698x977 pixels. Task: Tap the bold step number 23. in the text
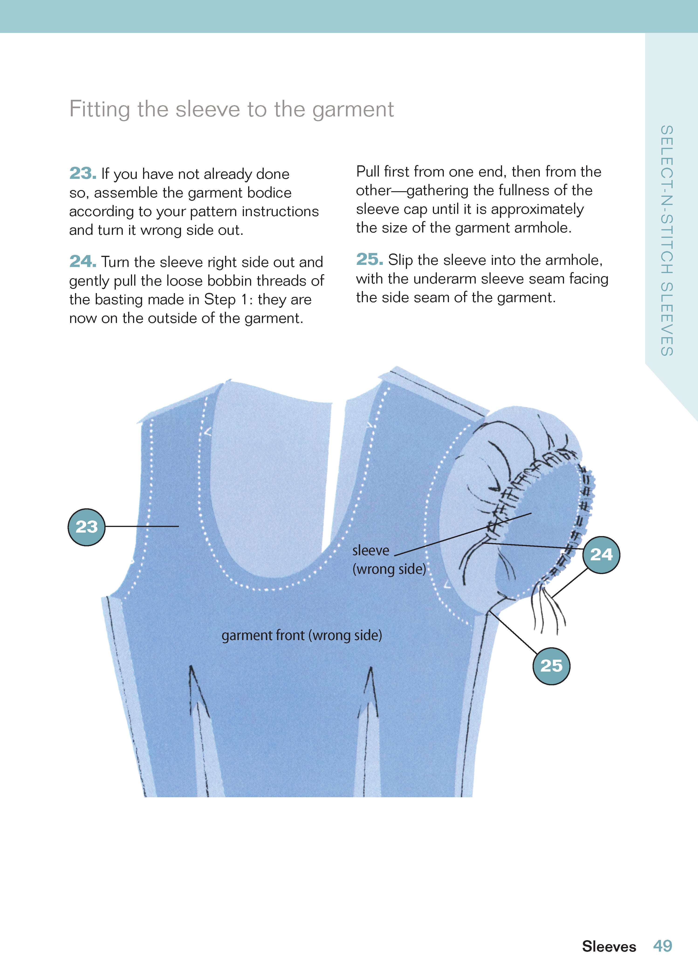tap(82, 173)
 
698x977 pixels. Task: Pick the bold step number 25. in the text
tap(369, 260)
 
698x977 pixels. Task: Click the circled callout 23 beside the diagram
tap(86, 527)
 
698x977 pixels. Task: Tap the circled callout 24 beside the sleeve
tap(601, 554)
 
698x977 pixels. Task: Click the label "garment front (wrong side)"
tap(302, 635)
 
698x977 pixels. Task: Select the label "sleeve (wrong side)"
tap(389, 560)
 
